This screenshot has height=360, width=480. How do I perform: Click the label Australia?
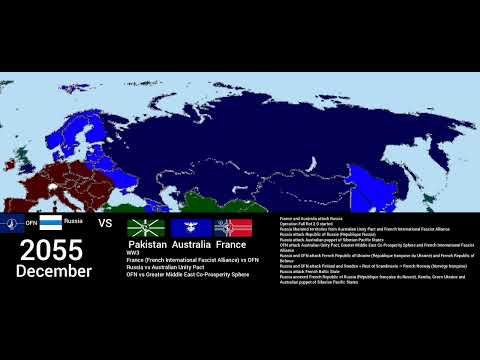pos(190,244)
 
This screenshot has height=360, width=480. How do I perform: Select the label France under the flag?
pos(231,244)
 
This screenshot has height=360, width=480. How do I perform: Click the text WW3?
pos(133,253)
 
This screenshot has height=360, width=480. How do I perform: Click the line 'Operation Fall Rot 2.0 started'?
pos(306,222)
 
